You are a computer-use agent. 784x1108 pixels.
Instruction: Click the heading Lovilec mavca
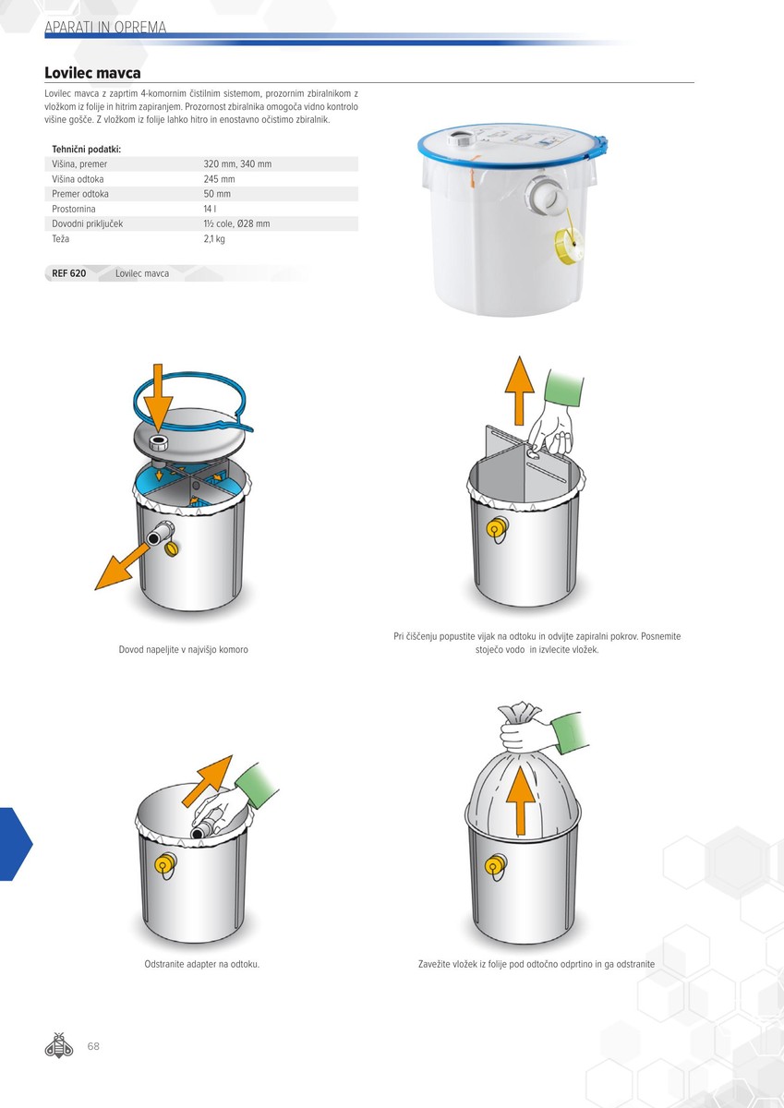point(92,73)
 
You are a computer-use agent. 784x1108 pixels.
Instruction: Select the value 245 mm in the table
point(219,179)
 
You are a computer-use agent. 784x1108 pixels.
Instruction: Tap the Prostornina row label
point(74,209)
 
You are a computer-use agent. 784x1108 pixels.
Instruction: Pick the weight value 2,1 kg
point(214,239)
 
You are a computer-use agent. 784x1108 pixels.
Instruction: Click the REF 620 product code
point(68,273)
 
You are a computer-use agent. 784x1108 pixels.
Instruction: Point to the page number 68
point(93,1046)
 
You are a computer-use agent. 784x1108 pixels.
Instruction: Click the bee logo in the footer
point(59,1045)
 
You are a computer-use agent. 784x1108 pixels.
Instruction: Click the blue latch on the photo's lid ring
point(597,149)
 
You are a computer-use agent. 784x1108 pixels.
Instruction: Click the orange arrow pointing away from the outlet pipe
point(122,567)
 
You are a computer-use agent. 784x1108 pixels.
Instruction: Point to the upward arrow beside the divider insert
point(519,391)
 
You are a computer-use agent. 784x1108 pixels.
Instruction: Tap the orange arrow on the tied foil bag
point(521,801)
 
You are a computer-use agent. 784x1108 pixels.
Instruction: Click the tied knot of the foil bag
point(519,713)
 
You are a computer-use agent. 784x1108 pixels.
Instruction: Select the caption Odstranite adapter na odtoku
point(202,964)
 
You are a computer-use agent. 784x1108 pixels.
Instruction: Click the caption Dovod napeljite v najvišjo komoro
point(184,649)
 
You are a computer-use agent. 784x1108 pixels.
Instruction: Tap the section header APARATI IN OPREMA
point(105,27)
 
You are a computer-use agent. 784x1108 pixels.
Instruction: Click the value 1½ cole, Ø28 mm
point(237,223)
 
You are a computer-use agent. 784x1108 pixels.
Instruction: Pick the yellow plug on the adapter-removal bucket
point(165,863)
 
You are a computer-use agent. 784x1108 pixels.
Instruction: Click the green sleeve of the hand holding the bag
point(573,733)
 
